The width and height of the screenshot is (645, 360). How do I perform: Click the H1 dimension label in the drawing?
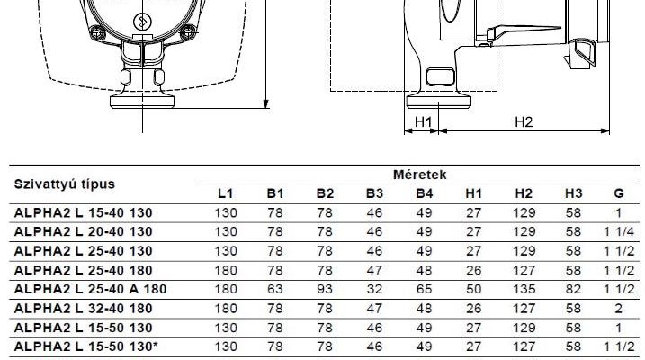tap(424, 122)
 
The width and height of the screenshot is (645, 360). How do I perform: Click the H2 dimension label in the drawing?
tap(524, 122)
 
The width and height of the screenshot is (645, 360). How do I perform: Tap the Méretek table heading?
tap(419, 175)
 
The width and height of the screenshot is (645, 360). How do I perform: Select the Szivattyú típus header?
tap(65, 184)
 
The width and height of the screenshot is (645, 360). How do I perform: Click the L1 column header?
tap(226, 193)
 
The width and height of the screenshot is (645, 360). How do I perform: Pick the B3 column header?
tap(374, 193)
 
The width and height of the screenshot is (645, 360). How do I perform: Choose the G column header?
tap(619, 193)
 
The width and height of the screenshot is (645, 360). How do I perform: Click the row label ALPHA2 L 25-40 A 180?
tap(91, 289)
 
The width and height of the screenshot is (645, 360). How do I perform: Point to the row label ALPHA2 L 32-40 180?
tap(84, 308)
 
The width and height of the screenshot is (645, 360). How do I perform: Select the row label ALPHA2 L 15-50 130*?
tap(86, 346)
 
